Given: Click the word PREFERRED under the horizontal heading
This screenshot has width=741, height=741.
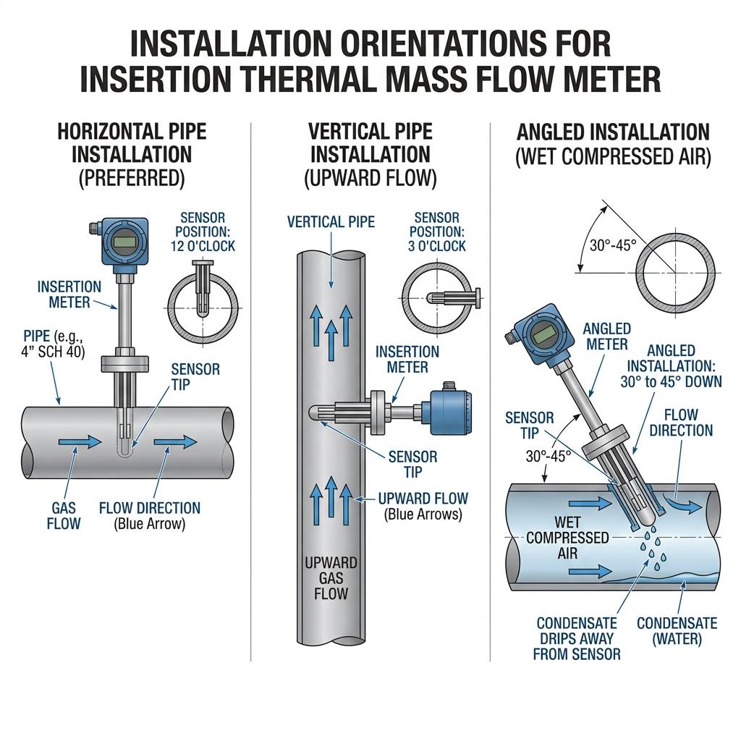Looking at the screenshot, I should click(x=132, y=178).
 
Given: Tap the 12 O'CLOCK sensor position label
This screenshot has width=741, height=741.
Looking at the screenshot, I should click(x=203, y=232).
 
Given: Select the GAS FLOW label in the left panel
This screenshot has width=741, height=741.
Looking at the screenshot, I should click(x=64, y=515).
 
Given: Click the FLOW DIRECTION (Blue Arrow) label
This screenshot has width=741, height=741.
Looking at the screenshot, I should click(x=150, y=515).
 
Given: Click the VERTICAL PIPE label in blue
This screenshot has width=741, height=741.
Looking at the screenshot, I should click(x=331, y=221).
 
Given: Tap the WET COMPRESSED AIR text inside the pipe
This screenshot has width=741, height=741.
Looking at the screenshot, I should click(x=567, y=538).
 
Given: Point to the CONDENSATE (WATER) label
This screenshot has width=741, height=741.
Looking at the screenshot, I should click(x=677, y=631).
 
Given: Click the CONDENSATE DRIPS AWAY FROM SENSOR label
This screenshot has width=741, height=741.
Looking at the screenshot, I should click(x=577, y=638).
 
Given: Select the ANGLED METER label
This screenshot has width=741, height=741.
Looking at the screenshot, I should click(x=606, y=336).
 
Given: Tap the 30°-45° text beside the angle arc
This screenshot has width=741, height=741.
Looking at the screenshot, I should click(x=612, y=245).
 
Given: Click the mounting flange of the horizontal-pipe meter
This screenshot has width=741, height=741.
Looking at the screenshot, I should click(x=125, y=362).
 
